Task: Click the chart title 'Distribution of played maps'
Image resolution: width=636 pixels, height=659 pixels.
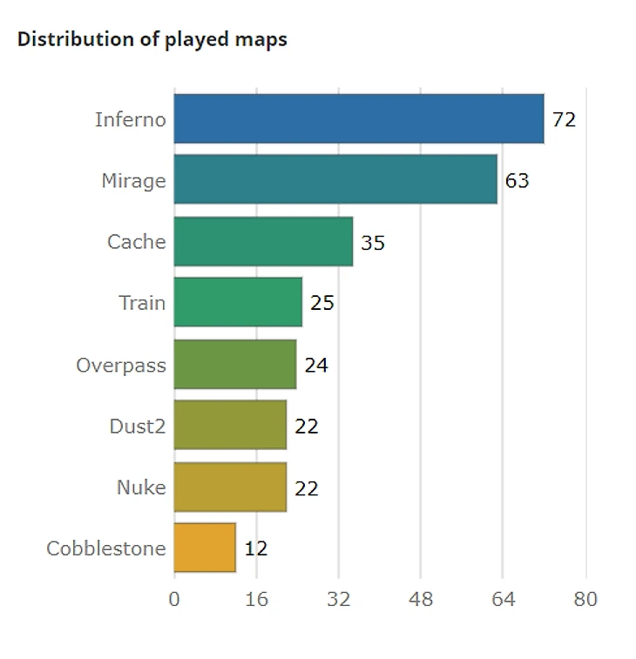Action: (x=152, y=39)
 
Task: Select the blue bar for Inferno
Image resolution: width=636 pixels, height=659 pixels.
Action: (x=358, y=118)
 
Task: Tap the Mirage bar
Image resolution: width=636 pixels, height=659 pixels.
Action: (x=335, y=179)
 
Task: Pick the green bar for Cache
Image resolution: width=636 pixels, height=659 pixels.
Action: (x=263, y=241)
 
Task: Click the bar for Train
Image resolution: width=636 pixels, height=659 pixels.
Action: (x=238, y=302)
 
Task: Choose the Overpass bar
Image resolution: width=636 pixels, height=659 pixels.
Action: (x=235, y=364)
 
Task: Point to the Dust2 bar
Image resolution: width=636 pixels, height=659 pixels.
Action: (x=230, y=425)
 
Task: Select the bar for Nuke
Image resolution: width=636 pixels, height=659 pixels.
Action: (x=230, y=487)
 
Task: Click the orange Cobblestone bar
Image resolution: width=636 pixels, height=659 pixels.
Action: (x=205, y=548)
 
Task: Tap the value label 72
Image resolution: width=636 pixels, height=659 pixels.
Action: (x=564, y=119)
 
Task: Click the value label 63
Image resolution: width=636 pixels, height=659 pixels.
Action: (x=517, y=181)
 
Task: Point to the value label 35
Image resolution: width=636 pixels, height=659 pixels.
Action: (x=373, y=243)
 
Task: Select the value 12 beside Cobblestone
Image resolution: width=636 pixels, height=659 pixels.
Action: (x=255, y=548)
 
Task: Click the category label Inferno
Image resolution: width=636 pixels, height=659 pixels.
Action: (x=130, y=119)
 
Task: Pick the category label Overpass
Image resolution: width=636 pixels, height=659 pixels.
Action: (x=120, y=365)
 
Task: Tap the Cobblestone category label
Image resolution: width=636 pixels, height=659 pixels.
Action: (x=105, y=548)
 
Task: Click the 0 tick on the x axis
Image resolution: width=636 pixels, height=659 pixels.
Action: (x=174, y=599)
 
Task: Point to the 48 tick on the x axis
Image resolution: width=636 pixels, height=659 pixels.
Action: (x=421, y=599)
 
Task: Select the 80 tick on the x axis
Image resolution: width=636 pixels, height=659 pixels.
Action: (x=585, y=599)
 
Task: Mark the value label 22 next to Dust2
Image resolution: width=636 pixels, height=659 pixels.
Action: (x=306, y=427)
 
